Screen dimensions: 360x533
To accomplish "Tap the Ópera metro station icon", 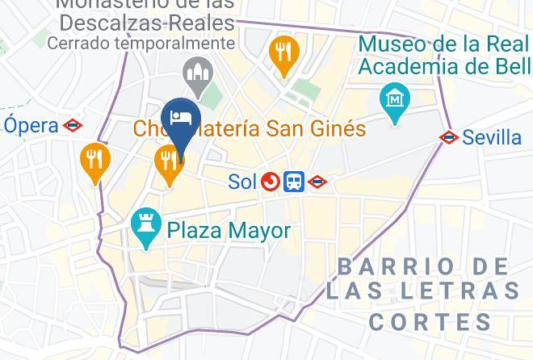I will (x=73, y=125).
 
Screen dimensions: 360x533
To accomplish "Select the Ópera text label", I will (x=31, y=125).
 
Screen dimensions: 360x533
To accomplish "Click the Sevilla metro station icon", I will (x=449, y=137).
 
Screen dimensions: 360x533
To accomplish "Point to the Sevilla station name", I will (x=492, y=137).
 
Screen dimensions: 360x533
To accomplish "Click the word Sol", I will (x=242, y=182).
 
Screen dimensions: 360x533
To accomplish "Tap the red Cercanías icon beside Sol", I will (x=271, y=182).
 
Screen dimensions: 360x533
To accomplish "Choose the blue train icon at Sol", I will (x=294, y=182).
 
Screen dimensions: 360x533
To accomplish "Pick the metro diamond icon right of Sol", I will (x=317, y=182).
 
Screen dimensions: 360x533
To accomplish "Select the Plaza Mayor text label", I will (x=229, y=231).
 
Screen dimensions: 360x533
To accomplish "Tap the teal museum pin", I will (x=395, y=102).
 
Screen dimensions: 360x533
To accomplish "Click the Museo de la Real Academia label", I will (x=444, y=54).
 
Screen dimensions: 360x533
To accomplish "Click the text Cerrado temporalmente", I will (x=141, y=43).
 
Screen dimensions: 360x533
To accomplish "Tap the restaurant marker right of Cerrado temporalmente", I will (x=283, y=53).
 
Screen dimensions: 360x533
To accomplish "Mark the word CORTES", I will (x=430, y=322).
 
